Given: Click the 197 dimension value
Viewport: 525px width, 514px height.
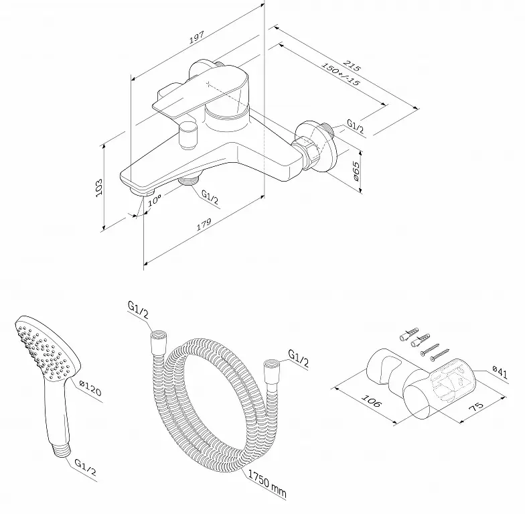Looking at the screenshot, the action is pyautogui.click(x=197, y=38).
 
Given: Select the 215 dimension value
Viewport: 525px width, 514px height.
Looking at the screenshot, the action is pyautogui.click(x=352, y=66).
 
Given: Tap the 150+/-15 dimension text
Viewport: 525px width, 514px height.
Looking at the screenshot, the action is pyautogui.click(x=340, y=74).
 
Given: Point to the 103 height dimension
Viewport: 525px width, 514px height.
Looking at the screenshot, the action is pyautogui.click(x=99, y=188).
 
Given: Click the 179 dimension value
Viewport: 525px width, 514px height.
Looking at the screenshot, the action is pyautogui.click(x=204, y=224).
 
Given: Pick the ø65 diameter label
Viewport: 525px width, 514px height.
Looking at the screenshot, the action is pyautogui.click(x=356, y=172).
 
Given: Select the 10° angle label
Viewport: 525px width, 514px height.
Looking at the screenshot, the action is pyautogui.click(x=155, y=200).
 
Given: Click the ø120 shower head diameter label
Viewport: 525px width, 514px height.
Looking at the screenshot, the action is pyautogui.click(x=90, y=387).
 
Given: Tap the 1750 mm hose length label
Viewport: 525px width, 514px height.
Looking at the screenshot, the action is pyautogui.click(x=267, y=483).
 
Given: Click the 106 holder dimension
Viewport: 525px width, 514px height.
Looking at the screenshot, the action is pyautogui.click(x=371, y=401).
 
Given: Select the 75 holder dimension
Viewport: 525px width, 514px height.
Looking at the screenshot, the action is pyautogui.click(x=476, y=406).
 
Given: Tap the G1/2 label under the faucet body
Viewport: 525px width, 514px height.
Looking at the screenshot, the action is pyautogui.click(x=210, y=197).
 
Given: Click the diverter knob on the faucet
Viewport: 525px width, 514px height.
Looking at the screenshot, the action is pyautogui.click(x=188, y=135).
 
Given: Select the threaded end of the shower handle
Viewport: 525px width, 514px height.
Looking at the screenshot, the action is pyautogui.click(x=63, y=450).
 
